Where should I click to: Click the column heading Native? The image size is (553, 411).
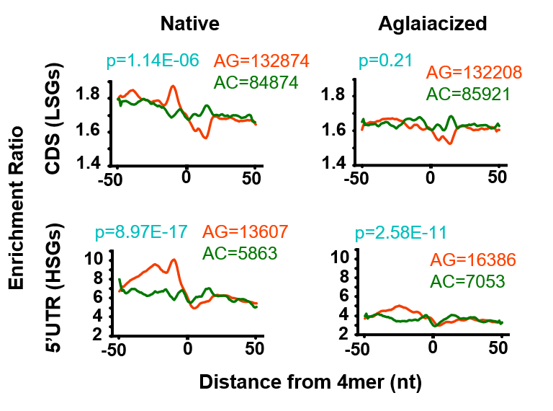coord(189,24)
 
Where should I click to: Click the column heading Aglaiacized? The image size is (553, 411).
coord(433,24)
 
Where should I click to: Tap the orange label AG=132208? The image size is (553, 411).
coord(474,73)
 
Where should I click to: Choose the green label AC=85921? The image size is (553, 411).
coord(468,94)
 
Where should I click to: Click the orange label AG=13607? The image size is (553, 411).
coord(246,232)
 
